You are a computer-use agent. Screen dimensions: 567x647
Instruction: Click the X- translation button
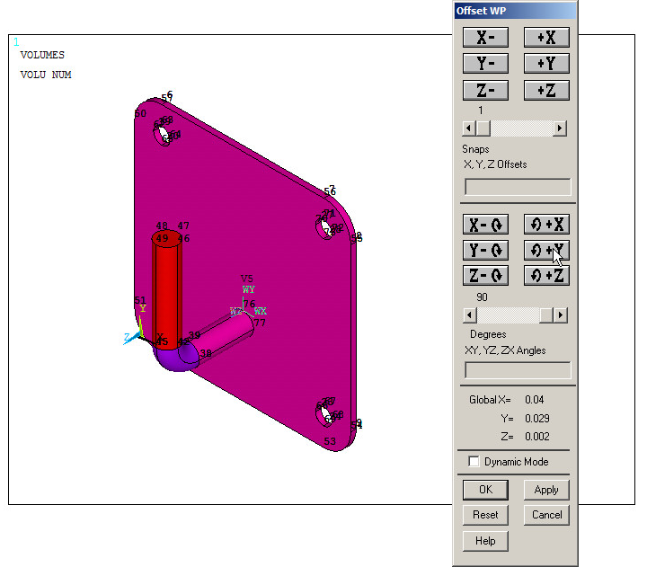pos(485,37)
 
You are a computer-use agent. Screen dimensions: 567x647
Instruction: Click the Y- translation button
pos(485,64)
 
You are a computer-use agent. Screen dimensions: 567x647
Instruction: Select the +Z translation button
pos(546,91)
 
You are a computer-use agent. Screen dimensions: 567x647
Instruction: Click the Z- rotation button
pos(485,276)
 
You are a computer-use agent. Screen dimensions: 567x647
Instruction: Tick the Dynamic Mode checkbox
pos(474,462)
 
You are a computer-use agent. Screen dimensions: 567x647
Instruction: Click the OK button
pos(485,490)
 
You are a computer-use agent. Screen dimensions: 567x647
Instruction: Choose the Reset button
pos(485,515)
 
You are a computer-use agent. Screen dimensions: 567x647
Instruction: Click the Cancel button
pos(546,515)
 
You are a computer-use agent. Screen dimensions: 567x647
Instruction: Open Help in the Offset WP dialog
pos(485,541)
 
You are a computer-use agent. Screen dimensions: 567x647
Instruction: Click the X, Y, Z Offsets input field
pos(517,187)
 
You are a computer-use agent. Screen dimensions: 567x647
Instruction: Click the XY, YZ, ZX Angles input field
pos(517,370)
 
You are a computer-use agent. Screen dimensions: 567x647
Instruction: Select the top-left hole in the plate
pos(164,135)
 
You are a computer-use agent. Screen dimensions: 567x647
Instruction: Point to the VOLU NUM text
pos(46,75)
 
